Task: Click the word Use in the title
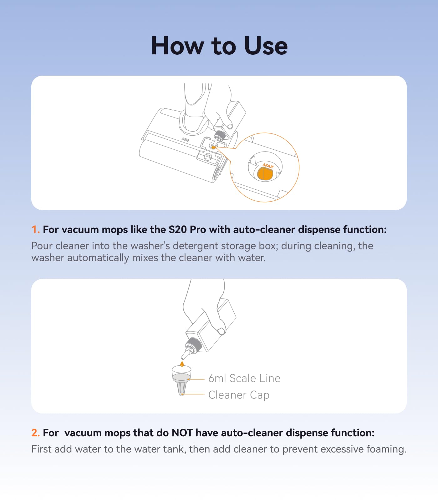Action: pos(266,46)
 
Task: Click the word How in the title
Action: pos(177,46)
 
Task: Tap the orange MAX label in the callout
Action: pos(268,166)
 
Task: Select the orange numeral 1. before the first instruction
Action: pos(36,230)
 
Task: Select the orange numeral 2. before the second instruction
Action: pos(36,433)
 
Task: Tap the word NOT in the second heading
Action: pos(182,433)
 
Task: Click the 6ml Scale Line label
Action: pos(244,378)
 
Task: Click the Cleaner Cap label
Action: pos(239,395)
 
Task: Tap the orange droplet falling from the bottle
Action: pos(182,363)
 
